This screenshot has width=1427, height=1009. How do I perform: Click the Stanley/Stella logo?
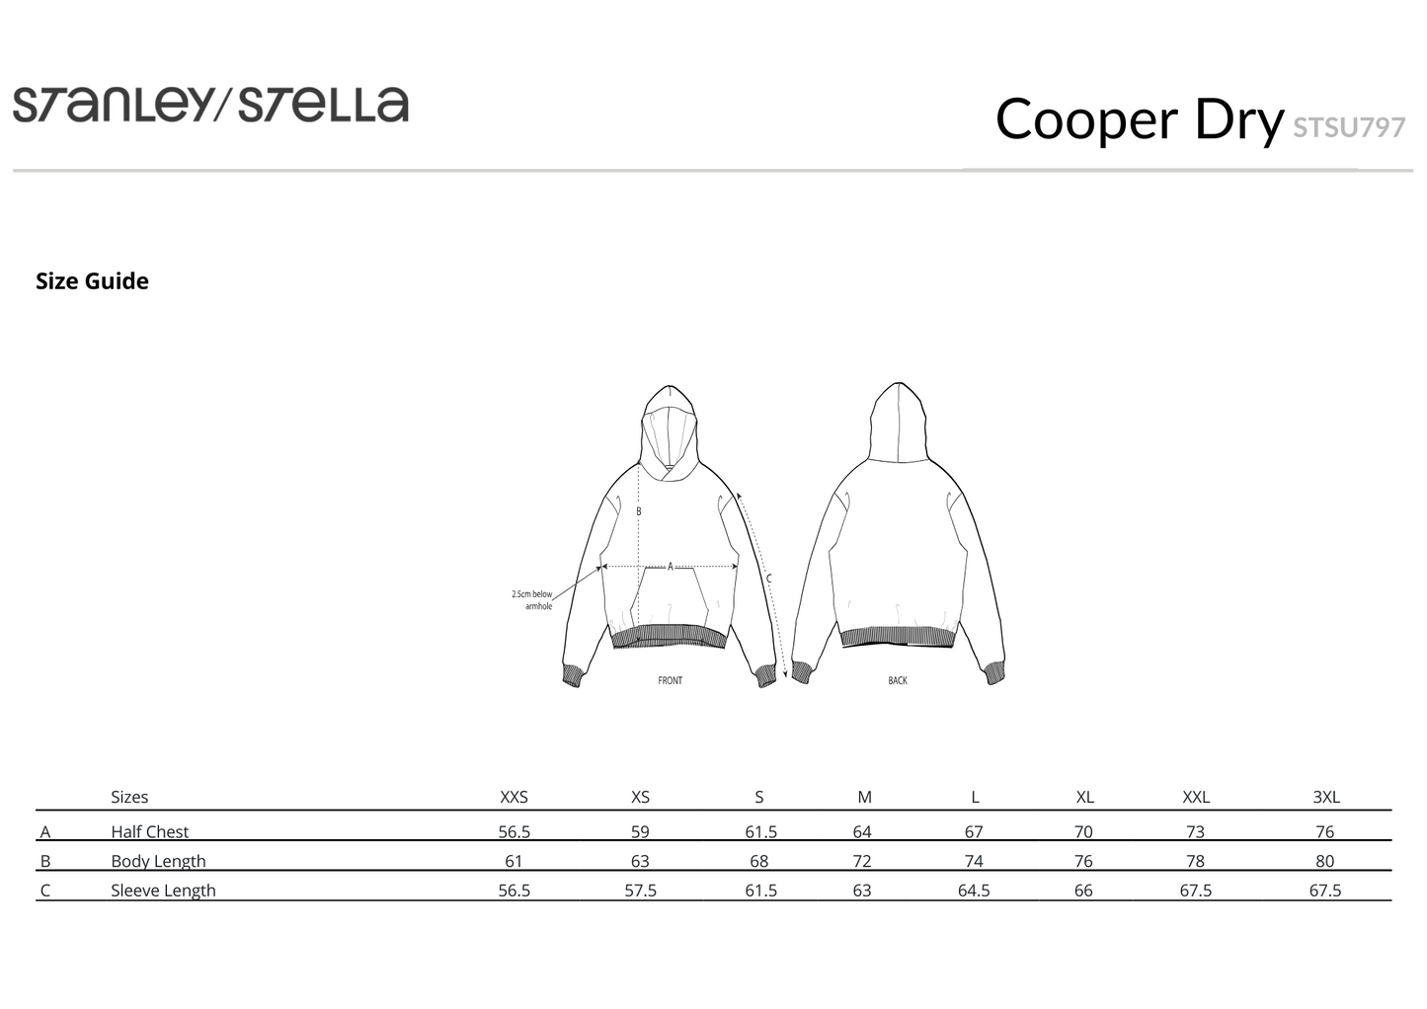[210, 105]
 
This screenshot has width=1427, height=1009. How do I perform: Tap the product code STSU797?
[1349, 128]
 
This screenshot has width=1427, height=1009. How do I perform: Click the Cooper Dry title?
[1139, 119]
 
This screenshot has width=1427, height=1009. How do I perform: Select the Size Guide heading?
[93, 281]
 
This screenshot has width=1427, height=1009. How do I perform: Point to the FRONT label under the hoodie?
[671, 680]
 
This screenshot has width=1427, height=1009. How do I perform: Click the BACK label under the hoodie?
[898, 680]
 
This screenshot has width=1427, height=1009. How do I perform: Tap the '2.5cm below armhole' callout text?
[532, 600]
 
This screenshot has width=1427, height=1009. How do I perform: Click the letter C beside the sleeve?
[769, 579]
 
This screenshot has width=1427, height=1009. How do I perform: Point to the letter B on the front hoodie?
[638, 510]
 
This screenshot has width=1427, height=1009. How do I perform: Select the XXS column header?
[515, 797]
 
